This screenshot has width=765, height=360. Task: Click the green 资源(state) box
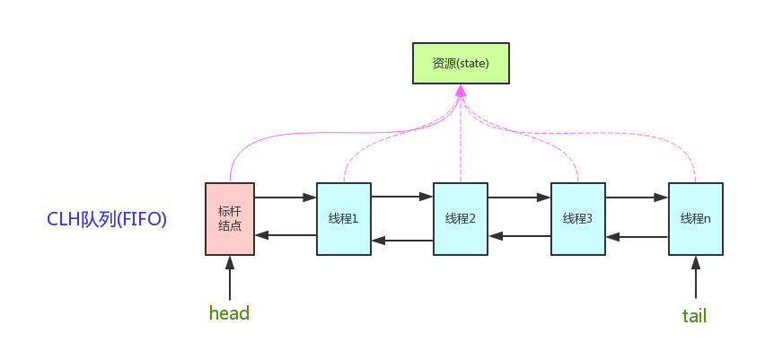(x=461, y=64)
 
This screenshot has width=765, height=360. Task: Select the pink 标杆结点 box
(x=230, y=219)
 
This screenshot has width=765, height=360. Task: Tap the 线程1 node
(x=344, y=219)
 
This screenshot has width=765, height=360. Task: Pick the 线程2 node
(x=461, y=219)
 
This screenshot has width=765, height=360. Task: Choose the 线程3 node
(x=578, y=219)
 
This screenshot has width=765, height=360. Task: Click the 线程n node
(x=696, y=219)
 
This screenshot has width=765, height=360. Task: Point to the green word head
(x=229, y=312)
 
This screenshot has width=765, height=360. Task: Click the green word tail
(x=694, y=316)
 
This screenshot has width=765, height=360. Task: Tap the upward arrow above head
(x=230, y=277)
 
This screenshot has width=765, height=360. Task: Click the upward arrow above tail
(x=696, y=277)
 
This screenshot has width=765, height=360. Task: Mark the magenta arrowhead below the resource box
(x=461, y=91)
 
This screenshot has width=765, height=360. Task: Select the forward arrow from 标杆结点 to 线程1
(x=286, y=198)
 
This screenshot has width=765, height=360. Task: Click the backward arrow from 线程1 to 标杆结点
(x=286, y=235)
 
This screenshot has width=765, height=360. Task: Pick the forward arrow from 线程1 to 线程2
(x=402, y=198)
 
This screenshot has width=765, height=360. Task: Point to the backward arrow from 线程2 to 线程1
(x=402, y=240)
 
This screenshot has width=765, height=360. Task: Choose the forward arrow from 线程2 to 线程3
(x=520, y=198)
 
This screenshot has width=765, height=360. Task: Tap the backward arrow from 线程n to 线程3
(x=637, y=237)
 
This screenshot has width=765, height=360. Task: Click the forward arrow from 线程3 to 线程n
(x=637, y=198)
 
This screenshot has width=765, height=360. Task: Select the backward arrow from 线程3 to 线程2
(x=520, y=236)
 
